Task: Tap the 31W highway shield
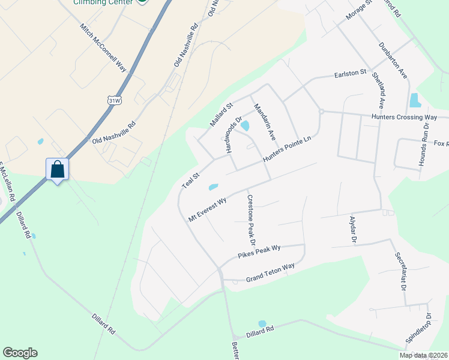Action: pos(114,100)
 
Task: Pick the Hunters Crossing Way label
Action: pos(404,117)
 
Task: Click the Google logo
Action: pos(20,353)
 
